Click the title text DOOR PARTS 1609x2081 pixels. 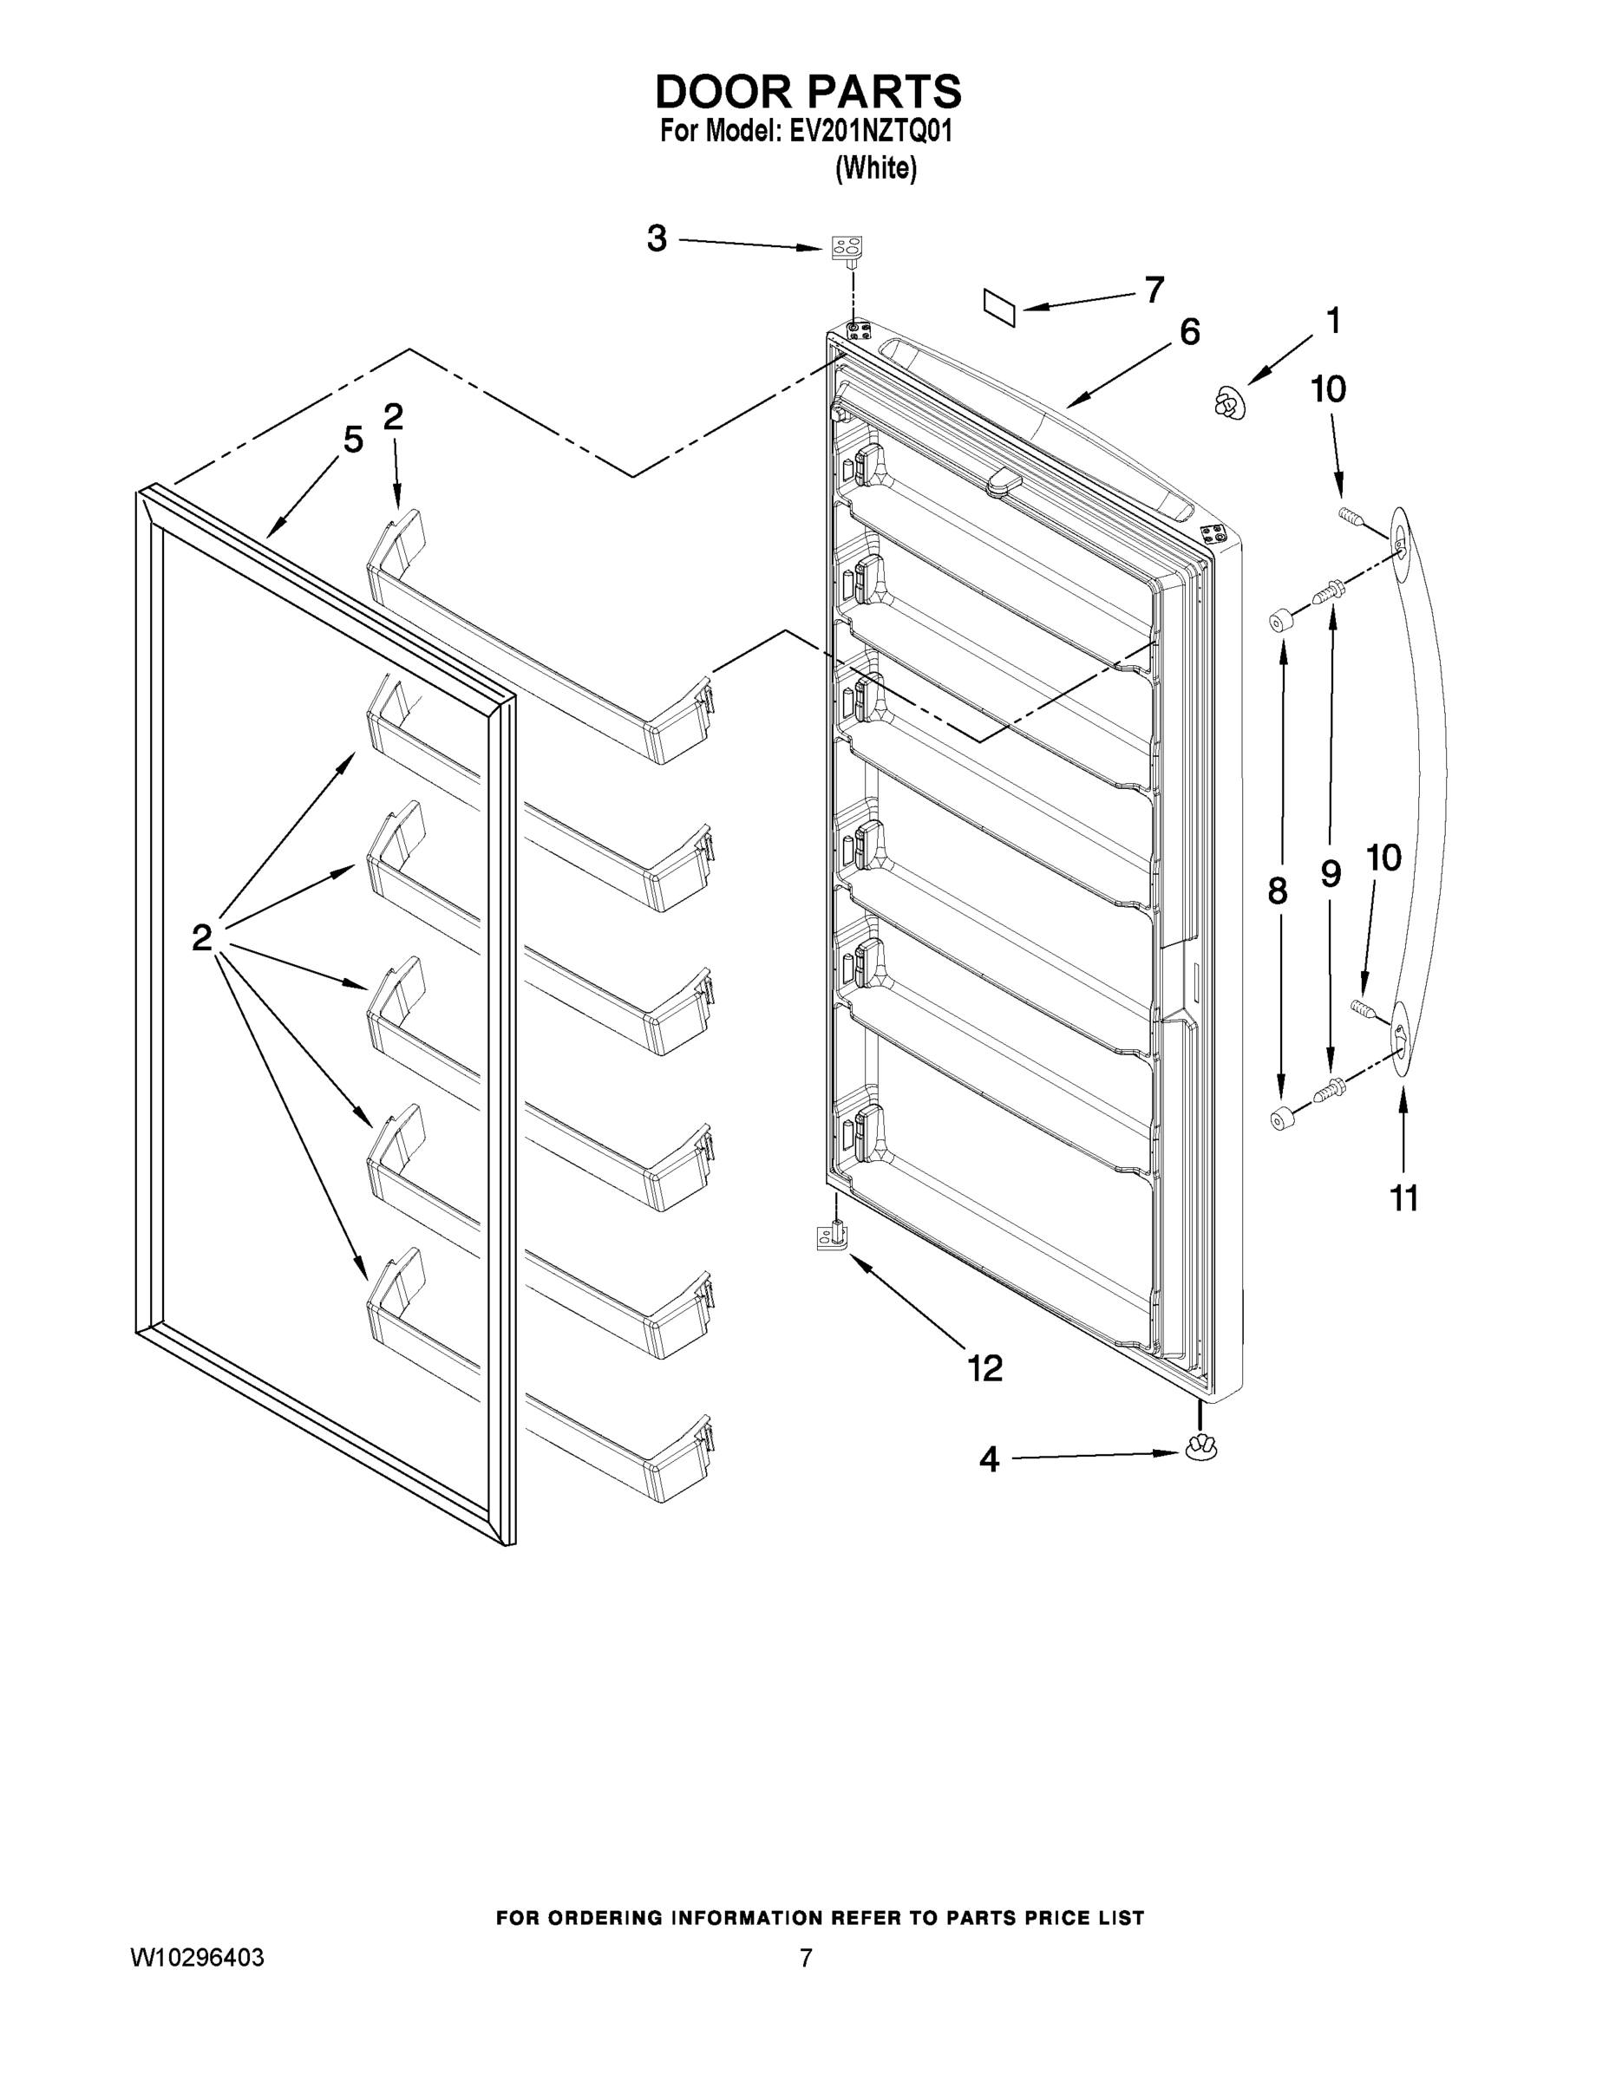point(808,93)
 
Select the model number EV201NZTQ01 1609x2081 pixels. point(870,132)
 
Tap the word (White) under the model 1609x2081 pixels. point(875,169)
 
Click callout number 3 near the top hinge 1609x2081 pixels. point(657,238)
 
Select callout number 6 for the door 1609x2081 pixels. point(1189,333)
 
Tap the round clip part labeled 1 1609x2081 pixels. point(1231,403)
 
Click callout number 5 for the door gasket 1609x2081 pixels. point(353,440)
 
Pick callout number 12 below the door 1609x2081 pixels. point(984,1369)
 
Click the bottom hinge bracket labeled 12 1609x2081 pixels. point(832,1237)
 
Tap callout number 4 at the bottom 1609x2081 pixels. point(989,1458)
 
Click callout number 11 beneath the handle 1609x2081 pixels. point(1404,1198)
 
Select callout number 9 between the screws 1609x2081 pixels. point(1331,874)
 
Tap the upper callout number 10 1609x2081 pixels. point(1328,388)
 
